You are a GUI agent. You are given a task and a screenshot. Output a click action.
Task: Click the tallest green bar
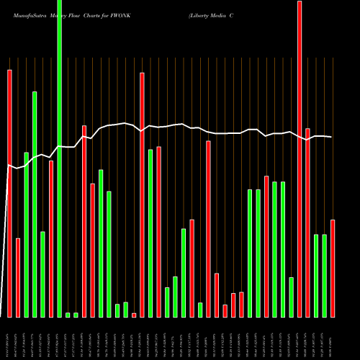(59, 158)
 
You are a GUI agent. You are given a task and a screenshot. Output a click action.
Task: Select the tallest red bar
(300, 158)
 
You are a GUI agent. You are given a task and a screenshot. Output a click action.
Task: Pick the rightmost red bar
(333, 268)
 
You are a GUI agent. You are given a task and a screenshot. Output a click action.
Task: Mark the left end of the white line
(7, 166)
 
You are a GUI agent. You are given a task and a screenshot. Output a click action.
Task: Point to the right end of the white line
(332, 137)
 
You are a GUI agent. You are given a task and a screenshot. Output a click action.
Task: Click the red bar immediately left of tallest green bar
(51, 238)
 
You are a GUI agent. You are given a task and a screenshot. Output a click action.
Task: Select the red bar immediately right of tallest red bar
(308, 222)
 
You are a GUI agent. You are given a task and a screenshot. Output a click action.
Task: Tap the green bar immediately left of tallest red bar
(292, 297)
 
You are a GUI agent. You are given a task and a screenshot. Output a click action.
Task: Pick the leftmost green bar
(26, 234)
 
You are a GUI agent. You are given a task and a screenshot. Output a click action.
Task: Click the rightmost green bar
(325, 275)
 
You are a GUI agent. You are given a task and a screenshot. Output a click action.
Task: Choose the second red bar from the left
(18, 277)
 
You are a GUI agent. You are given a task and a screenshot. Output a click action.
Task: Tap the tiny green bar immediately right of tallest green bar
(68, 315)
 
